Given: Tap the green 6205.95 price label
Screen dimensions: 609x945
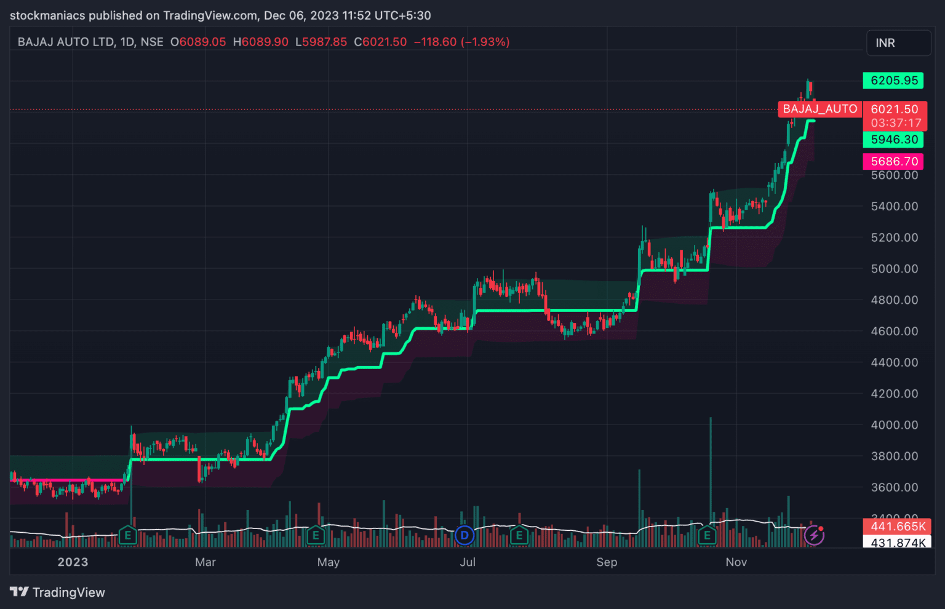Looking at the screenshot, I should point(893,81).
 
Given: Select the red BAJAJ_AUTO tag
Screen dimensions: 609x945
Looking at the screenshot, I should point(819,109).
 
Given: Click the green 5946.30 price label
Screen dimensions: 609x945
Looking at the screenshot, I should point(893,140).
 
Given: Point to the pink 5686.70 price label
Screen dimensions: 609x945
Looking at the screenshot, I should point(893,162).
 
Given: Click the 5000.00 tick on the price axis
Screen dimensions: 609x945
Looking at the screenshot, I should point(894,269).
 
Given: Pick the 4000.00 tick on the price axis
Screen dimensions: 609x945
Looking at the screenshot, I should point(894,425).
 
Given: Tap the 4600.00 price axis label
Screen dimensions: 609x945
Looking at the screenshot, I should point(894,331).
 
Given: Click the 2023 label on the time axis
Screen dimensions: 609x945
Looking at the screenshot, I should point(73,562).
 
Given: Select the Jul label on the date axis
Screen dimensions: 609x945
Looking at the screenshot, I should point(468,562).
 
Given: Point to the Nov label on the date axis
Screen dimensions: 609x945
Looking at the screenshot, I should point(736,562).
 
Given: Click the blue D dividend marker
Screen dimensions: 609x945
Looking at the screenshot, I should point(465,536).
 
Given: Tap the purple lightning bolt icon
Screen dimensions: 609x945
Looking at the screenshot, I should point(814,536).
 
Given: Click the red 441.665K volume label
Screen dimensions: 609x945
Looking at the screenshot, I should point(897,527).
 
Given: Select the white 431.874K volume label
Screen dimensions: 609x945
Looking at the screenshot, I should point(897,543).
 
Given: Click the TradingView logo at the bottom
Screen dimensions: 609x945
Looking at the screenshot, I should point(57,592).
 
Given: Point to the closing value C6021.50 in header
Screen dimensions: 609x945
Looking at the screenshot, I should point(380,42).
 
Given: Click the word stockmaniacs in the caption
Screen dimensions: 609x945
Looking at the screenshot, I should point(47,15).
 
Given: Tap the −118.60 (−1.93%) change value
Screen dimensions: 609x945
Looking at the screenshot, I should point(461,42).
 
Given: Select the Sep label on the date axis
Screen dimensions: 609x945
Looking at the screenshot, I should point(607,562).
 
